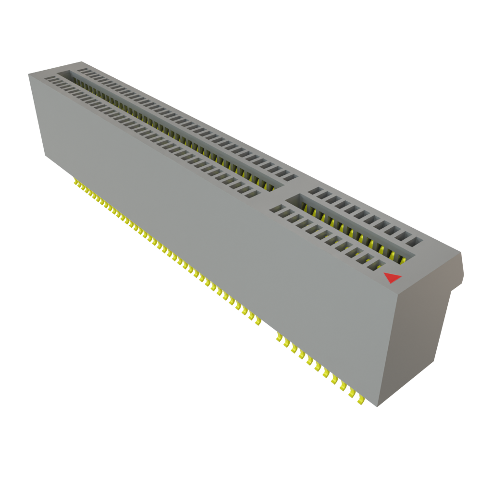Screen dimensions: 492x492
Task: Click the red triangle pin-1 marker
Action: point(392,278)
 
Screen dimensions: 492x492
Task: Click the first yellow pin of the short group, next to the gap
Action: point(278,338)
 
